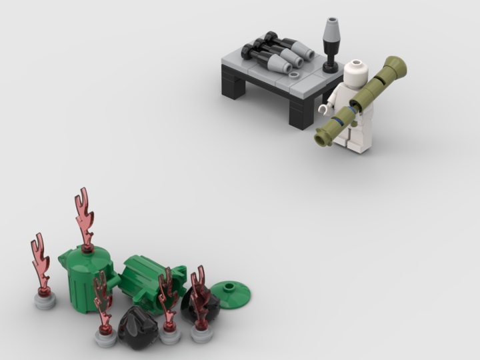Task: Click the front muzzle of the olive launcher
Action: [324, 137]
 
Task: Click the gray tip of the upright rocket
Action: [331, 29]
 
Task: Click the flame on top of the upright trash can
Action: [85, 216]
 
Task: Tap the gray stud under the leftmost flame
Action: [45, 301]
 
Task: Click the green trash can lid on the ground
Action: [230, 294]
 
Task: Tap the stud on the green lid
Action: [230, 288]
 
